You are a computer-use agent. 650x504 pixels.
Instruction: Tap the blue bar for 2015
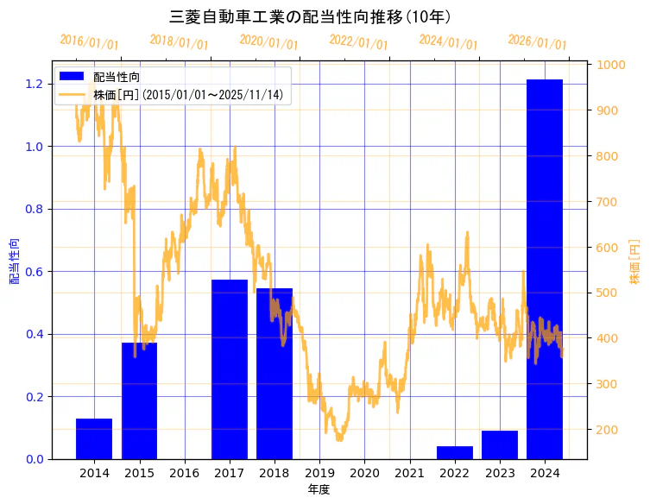coord(139,401)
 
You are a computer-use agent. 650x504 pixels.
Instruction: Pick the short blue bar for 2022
coord(454,452)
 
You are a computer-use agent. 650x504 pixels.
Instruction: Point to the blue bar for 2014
coord(94,438)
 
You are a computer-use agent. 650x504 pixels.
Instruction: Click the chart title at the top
coord(311,16)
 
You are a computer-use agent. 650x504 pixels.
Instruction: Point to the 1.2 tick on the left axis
coord(35,84)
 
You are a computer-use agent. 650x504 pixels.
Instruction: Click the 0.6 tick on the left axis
coord(35,272)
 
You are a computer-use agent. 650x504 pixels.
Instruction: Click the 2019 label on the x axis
coord(319,474)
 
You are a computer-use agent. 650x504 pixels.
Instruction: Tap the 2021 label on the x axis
coord(409,474)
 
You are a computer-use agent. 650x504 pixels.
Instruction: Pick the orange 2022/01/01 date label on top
coord(359,42)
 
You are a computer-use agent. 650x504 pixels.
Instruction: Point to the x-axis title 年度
coord(319,489)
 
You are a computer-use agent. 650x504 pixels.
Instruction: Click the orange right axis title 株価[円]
coord(634,262)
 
